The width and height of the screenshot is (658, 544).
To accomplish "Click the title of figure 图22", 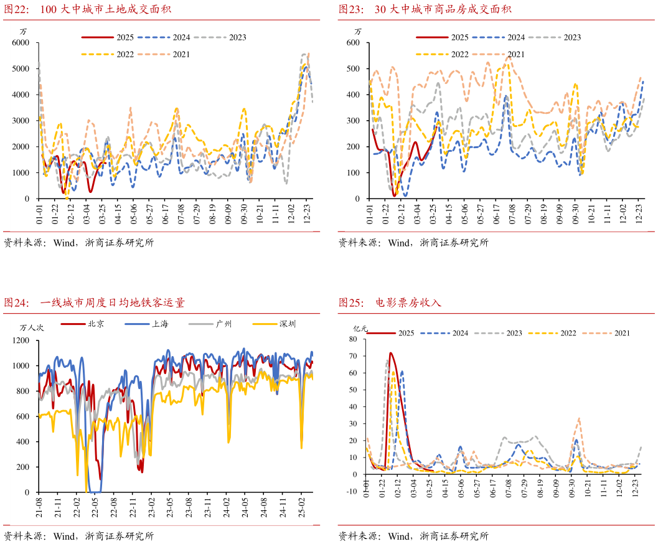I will [x=88, y=9].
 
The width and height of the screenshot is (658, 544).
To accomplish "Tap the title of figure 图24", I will [x=94, y=303].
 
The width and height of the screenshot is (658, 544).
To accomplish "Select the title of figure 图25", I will [x=389, y=303].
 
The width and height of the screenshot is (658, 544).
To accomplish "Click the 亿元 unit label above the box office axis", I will [x=360, y=329].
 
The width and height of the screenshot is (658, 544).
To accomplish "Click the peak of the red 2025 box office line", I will [x=390, y=353].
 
